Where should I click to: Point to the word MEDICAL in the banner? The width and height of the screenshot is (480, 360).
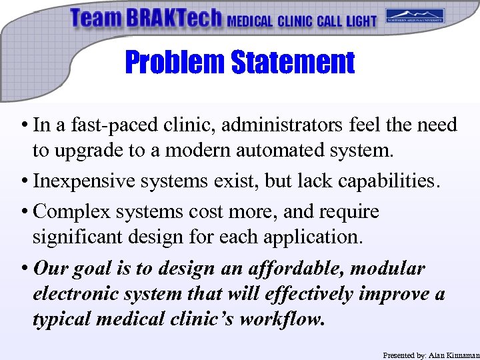point(250,21)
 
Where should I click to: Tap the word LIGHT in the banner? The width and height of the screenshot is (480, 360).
point(361,21)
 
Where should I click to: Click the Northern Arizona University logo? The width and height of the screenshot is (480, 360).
point(415,17)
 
